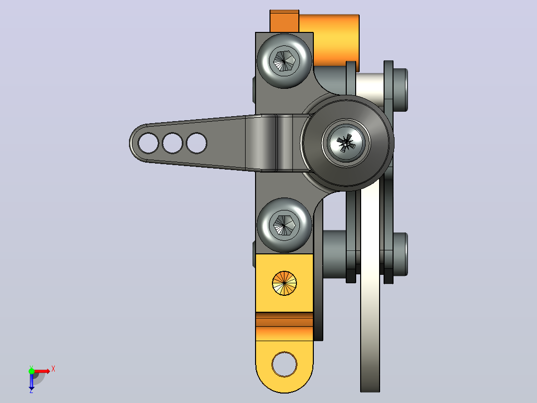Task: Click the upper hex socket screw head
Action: coord(284,61)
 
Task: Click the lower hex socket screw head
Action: coord(284,225)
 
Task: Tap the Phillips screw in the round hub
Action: coord(346,143)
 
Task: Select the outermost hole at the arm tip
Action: coord(148,143)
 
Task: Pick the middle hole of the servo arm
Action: coord(172,143)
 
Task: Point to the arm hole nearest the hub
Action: coord(197,143)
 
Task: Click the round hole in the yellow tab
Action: coord(284,364)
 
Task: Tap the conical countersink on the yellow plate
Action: coord(284,283)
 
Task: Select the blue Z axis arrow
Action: coord(31,381)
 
